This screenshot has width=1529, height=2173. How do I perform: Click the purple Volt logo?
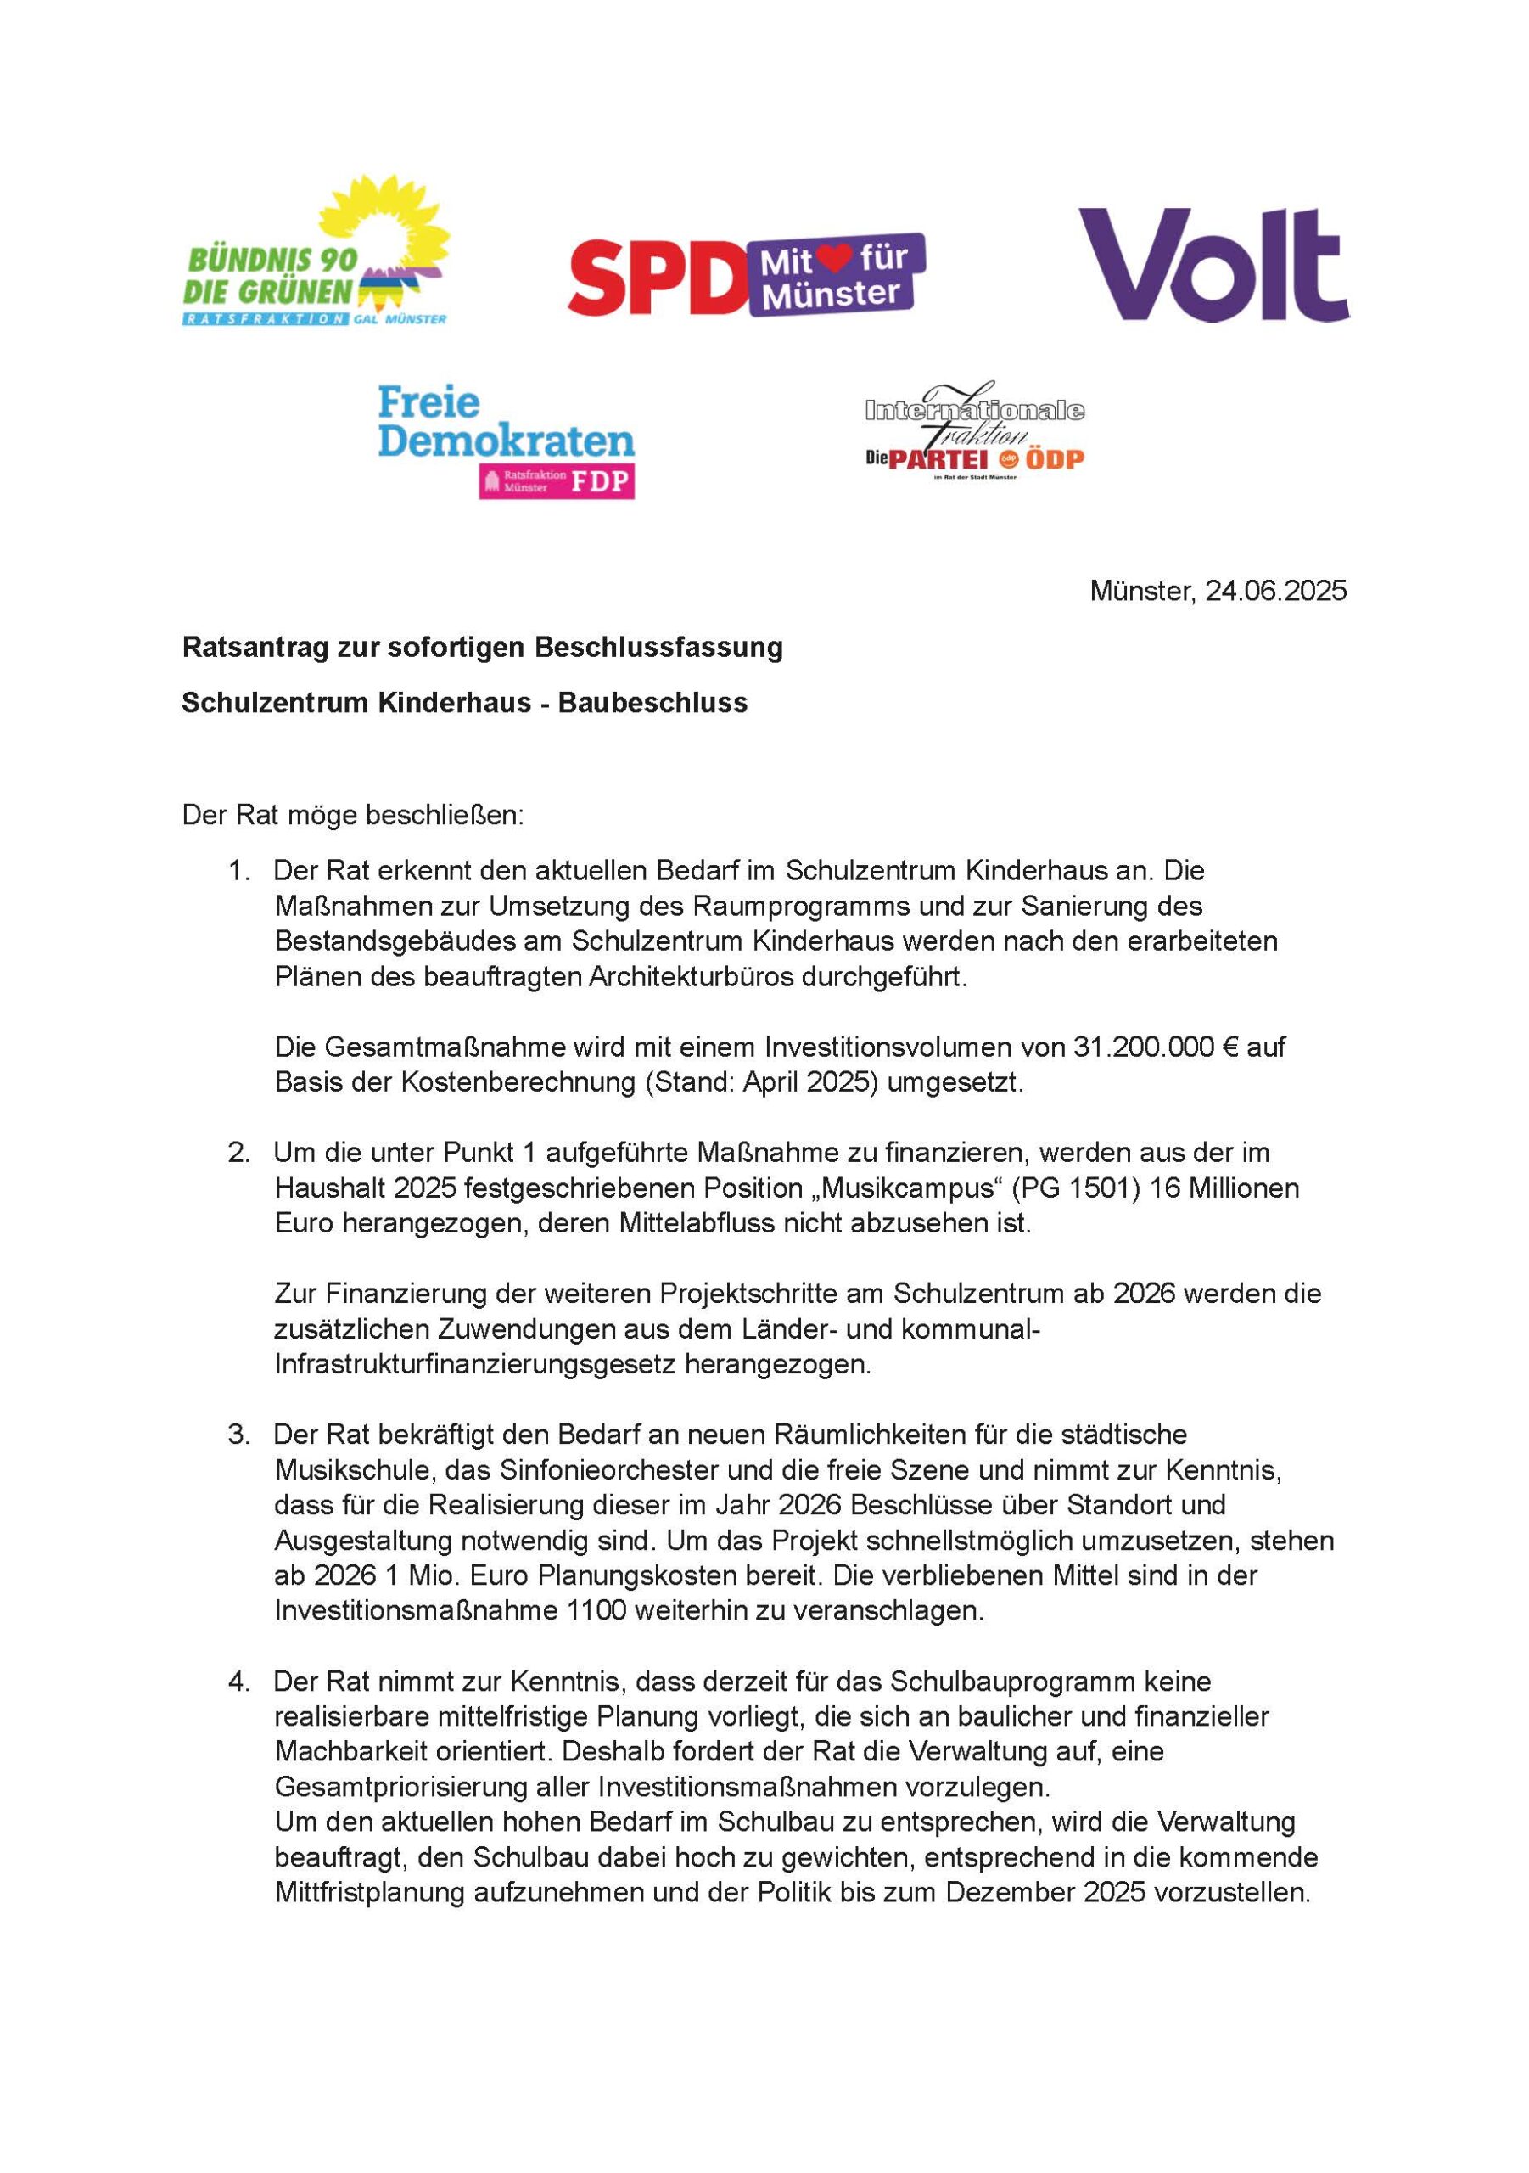[x=1213, y=267]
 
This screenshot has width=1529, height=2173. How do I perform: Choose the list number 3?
[x=238, y=1435]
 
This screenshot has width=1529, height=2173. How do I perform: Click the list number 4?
[x=238, y=1682]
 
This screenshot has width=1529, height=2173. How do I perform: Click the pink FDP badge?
[x=557, y=482]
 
